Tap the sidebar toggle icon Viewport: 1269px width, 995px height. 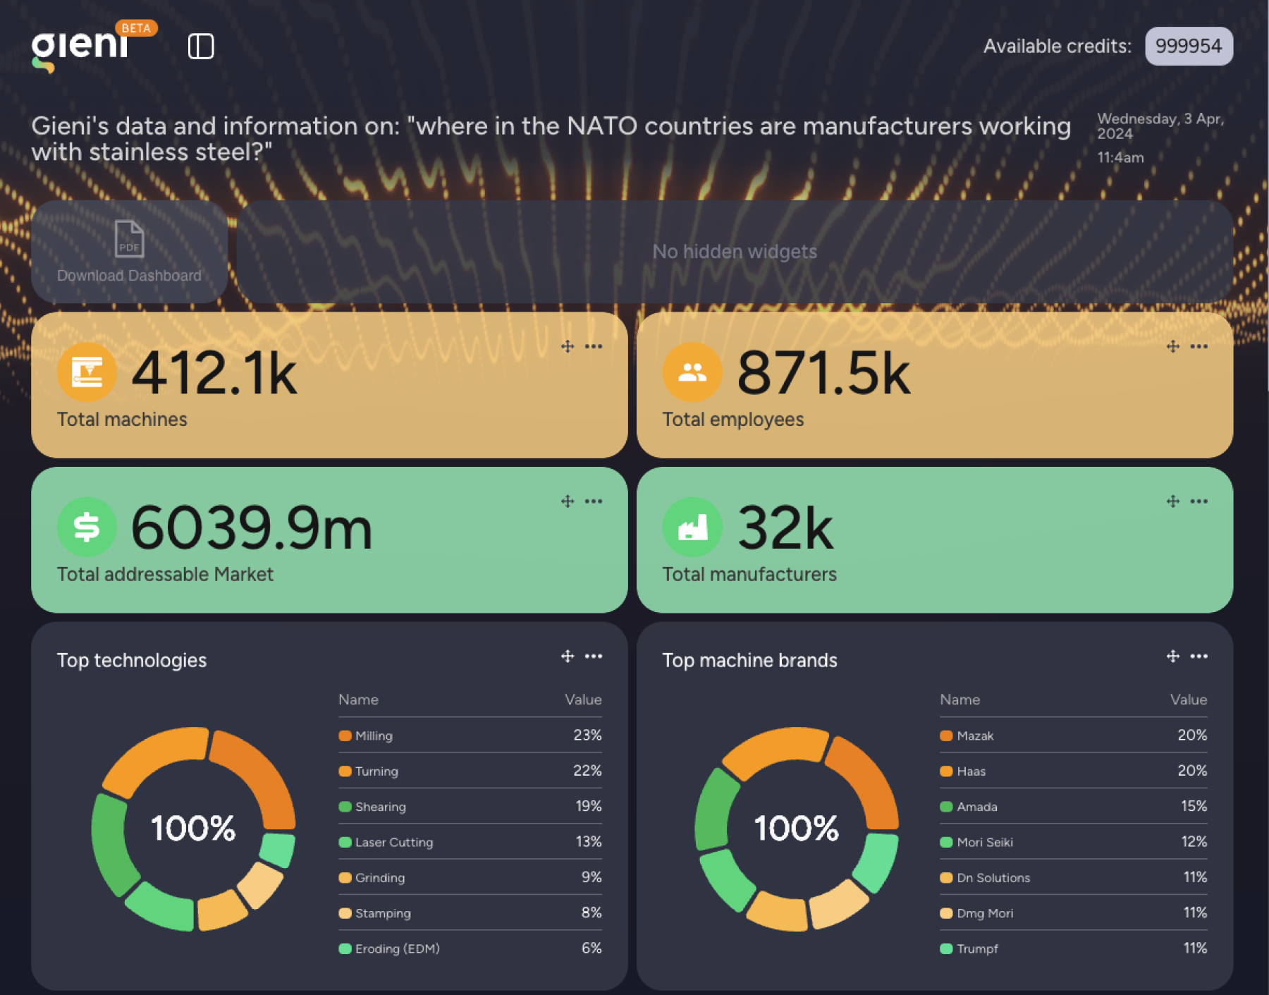[x=201, y=47]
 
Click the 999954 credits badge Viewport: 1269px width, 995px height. [x=1188, y=47]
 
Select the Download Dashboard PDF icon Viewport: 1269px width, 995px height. [x=129, y=239]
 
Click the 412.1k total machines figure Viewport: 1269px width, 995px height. [x=214, y=374]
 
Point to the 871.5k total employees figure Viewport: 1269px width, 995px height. [x=823, y=374]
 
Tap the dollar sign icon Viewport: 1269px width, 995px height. [x=87, y=527]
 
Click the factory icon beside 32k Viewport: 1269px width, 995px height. [x=692, y=527]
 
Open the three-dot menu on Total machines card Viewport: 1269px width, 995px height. [x=594, y=346]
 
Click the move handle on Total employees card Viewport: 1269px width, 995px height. [x=1173, y=346]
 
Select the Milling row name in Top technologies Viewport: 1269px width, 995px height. [x=374, y=735]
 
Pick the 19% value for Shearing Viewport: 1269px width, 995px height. [x=588, y=806]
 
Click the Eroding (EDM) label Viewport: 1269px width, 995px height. [x=397, y=948]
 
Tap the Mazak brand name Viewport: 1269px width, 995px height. [x=975, y=735]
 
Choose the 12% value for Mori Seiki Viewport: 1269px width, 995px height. [x=1194, y=842]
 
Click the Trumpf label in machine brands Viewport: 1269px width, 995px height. [x=977, y=948]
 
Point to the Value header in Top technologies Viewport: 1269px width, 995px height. [x=583, y=700]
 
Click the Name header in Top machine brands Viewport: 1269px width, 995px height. [x=960, y=700]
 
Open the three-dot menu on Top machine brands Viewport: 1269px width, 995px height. [x=1198, y=657]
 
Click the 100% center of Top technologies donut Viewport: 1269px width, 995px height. [x=193, y=829]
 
